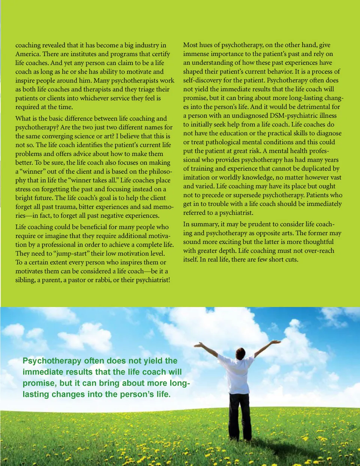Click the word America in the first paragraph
point(28,54)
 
